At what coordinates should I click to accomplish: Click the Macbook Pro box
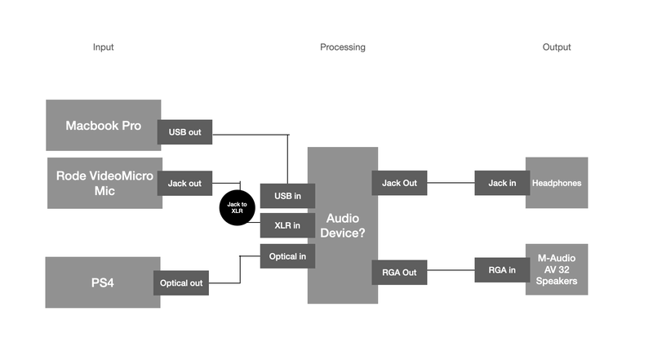click(103, 126)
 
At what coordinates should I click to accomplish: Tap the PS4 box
click(102, 282)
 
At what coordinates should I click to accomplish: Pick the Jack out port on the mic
click(184, 184)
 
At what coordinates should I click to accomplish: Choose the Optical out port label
click(180, 283)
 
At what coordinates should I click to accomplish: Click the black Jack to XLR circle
click(237, 207)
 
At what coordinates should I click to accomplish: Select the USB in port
click(287, 196)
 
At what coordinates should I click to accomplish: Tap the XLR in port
click(287, 226)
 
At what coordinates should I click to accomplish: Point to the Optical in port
click(287, 256)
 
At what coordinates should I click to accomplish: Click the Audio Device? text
click(342, 225)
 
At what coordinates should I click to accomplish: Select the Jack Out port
click(399, 183)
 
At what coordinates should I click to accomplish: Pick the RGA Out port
click(399, 272)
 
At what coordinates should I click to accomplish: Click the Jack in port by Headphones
click(502, 183)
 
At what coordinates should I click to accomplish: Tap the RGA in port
click(502, 270)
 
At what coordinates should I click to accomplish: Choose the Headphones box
click(557, 183)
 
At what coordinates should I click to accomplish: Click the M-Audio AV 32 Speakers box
click(557, 269)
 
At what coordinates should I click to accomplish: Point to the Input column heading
click(104, 47)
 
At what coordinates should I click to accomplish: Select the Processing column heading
click(343, 47)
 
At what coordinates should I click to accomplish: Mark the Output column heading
click(557, 47)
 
